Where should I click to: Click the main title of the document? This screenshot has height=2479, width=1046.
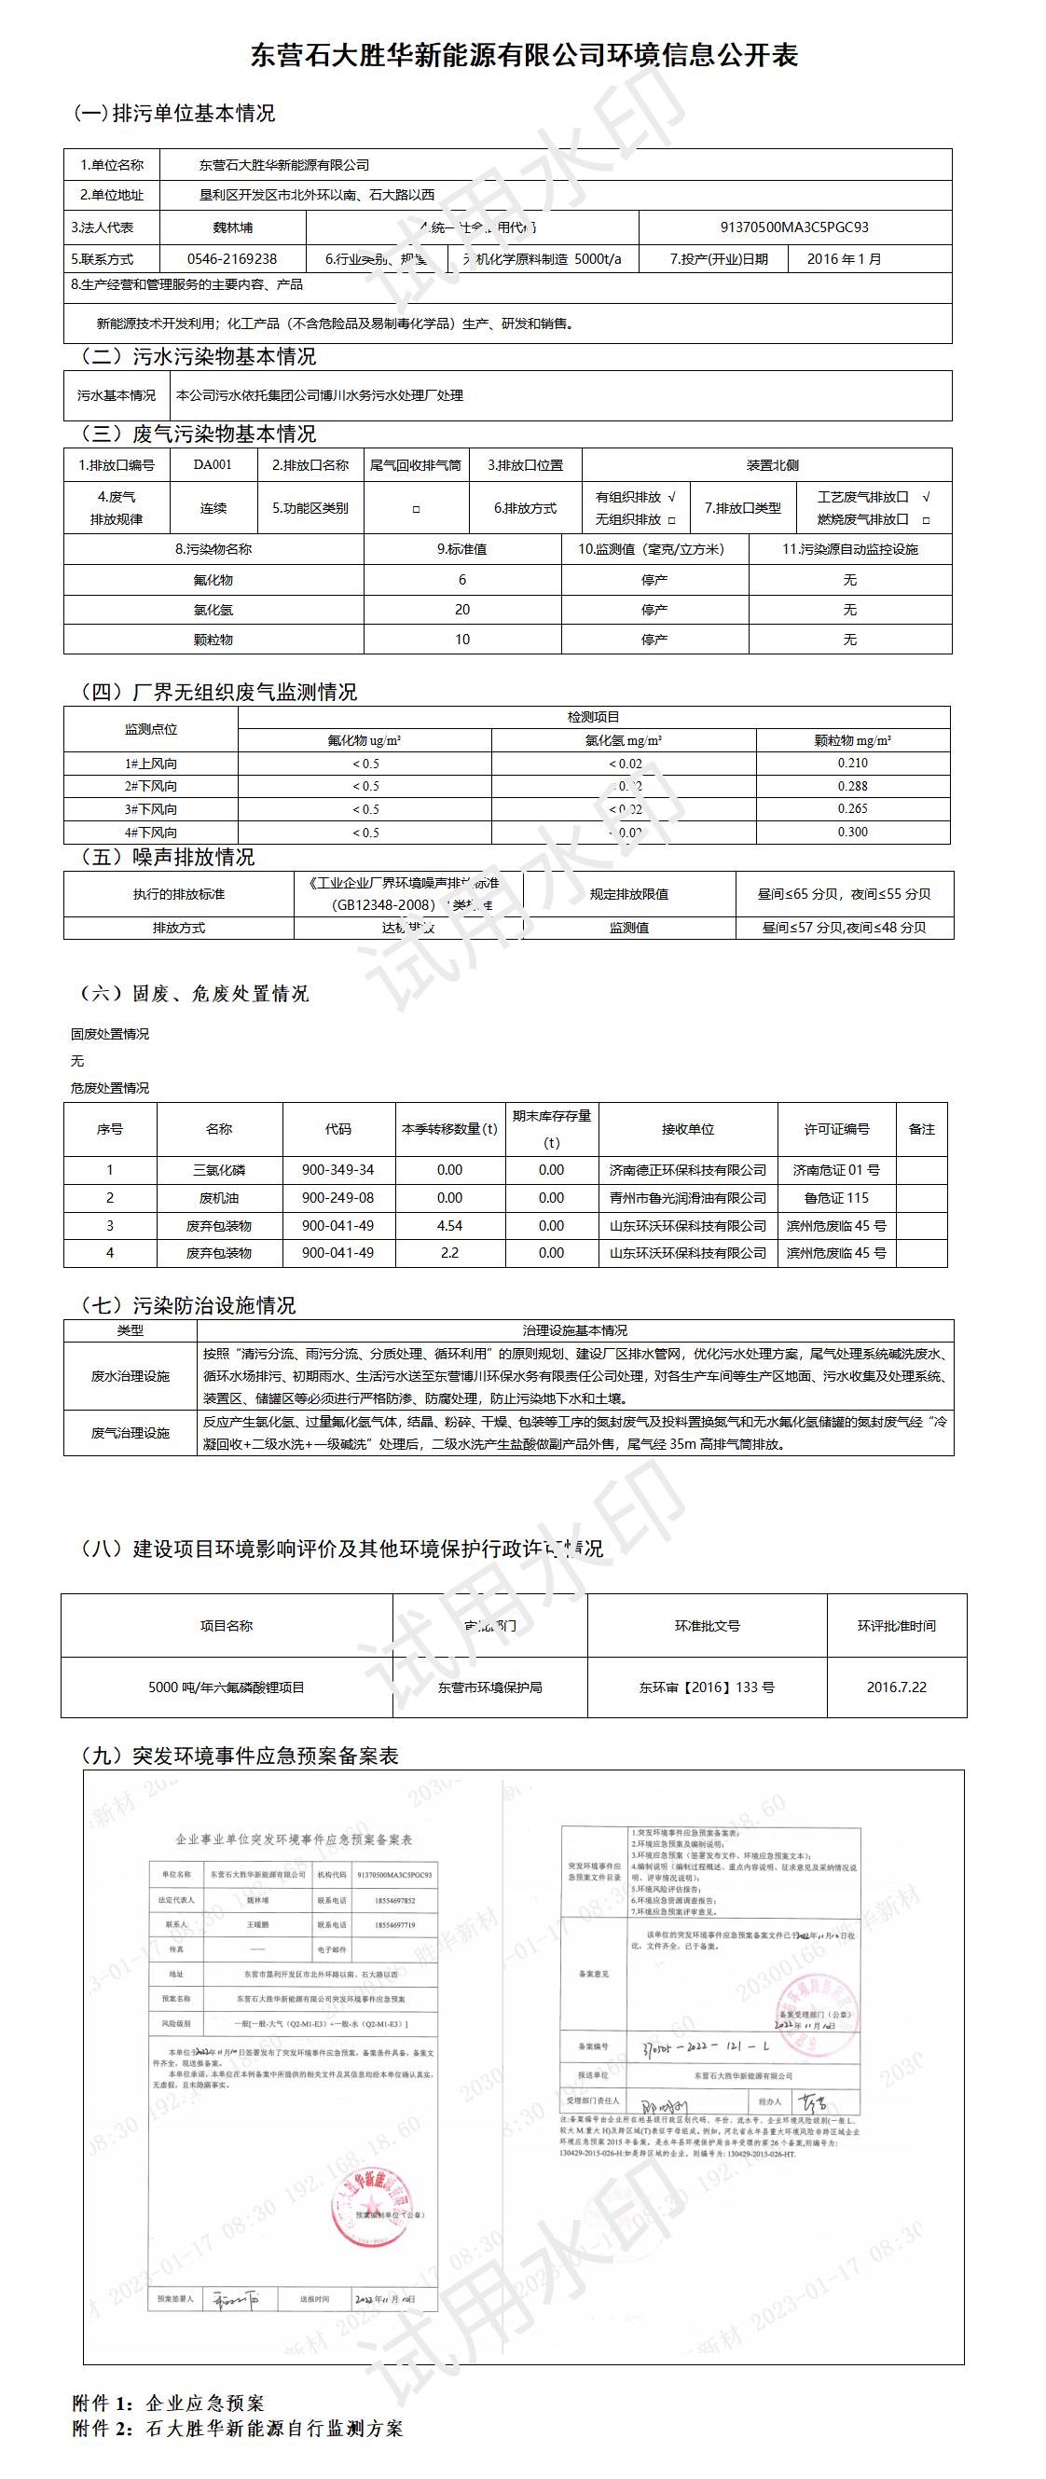(524, 55)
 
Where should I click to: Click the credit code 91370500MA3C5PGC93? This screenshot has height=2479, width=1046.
(794, 228)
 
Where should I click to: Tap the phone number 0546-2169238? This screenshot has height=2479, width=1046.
(232, 259)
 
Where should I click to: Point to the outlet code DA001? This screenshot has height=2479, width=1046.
(213, 465)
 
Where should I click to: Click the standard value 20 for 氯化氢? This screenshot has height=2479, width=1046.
(461, 610)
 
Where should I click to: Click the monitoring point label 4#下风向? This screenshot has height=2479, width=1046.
(151, 833)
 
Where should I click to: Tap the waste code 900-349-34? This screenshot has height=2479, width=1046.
(337, 1170)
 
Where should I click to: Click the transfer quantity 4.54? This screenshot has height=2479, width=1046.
(449, 1226)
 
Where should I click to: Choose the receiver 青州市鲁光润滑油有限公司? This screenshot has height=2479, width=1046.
(687, 1198)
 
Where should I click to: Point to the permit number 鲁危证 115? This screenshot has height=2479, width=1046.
(836, 1198)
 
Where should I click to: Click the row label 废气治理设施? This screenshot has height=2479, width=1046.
(130, 1433)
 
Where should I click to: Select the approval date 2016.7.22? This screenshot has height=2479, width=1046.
(896, 1687)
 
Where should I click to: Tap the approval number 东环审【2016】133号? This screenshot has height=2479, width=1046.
(707, 1687)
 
